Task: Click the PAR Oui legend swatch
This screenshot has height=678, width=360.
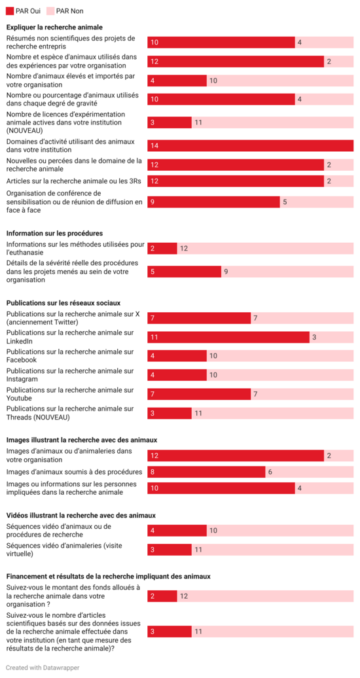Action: click(x=10, y=11)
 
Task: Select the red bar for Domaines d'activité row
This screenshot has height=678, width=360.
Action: click(x=250, y=146)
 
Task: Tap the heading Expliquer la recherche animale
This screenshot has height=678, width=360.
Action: click(x=54, y=27)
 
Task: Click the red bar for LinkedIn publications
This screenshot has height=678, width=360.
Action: click(x=228, y=337)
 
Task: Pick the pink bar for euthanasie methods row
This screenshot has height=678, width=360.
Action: click(x=265, y=249)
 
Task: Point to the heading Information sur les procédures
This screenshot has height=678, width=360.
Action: click(x=54, y=233)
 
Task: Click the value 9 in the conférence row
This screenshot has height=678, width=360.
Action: click(x=153, y=202)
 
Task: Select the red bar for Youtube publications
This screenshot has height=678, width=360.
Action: click(x=199, y=394)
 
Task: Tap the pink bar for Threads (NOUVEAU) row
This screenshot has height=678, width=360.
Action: click(x=272, y=413)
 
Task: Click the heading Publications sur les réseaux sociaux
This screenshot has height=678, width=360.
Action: click(x=63, y=303)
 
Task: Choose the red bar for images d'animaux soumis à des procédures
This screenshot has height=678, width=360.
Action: click(x=206, y=472)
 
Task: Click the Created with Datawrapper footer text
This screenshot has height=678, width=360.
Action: click(x=38, y=668)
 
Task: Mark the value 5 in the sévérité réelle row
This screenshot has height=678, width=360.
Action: click(x=153, y=272)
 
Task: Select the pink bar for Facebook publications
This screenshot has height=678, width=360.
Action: click(x=279, y=356)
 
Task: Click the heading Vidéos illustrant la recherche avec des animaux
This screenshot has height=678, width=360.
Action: click(x=81, y=515)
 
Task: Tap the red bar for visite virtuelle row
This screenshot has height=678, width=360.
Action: click(x=169, y=550)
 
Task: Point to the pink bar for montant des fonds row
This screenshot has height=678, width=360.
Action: click(x=265, y=596)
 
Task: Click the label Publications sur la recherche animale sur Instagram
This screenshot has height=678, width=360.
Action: click(x=70, y=375)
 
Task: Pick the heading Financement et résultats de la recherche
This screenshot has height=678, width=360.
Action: click(x=108, y=576)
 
